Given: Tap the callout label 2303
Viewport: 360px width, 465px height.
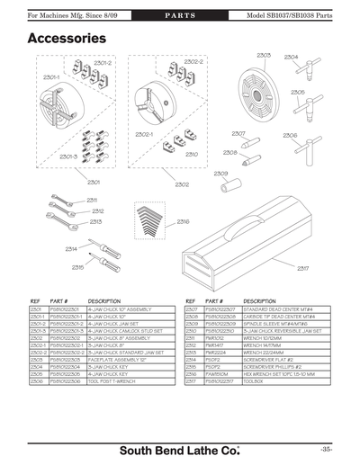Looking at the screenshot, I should click(264, 56).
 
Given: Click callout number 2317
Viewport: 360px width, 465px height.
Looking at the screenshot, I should click(303, 268).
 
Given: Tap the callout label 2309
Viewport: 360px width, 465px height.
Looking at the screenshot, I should click(220, 173).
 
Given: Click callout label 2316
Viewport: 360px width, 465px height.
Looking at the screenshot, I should click(183, 221).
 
